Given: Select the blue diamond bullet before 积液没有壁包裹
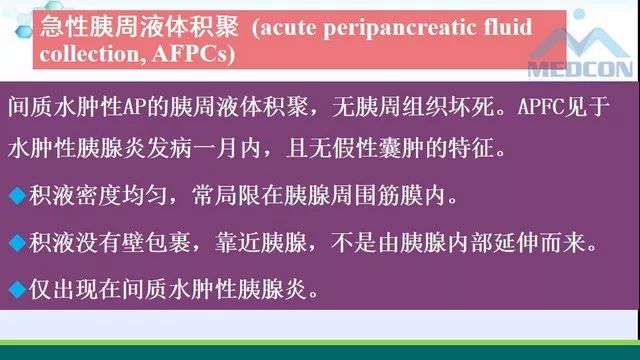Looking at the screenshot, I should pos(14,243).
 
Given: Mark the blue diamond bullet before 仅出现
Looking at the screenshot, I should pos(14,290).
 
